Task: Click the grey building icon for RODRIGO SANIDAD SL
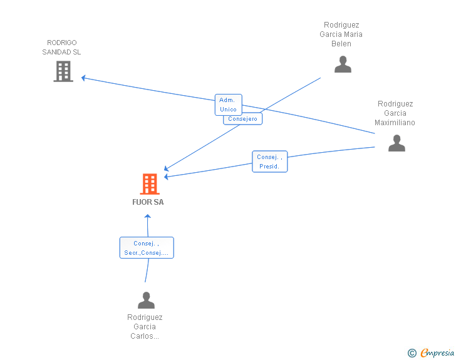(63, 71)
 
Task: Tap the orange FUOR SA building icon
(149, 184)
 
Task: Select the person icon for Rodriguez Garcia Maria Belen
(343, 64)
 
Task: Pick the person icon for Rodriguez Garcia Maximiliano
(396, 143)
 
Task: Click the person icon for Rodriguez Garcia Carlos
(146, 301)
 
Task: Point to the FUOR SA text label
(148, 202)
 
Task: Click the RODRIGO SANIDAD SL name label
(61, 48)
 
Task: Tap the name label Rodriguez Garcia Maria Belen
(341, 34)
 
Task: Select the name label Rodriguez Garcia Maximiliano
(395, 113)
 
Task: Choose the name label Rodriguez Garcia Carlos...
(145, 327)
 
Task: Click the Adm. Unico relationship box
(228, 104)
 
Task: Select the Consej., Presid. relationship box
(270, 162)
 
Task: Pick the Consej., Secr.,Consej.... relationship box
(147, 248)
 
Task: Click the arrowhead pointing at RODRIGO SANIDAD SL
(84, 78)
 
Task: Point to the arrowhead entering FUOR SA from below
(148, 217)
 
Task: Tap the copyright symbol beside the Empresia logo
(412, 354)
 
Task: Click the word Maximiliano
(395, 123)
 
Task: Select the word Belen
(341, 44)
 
